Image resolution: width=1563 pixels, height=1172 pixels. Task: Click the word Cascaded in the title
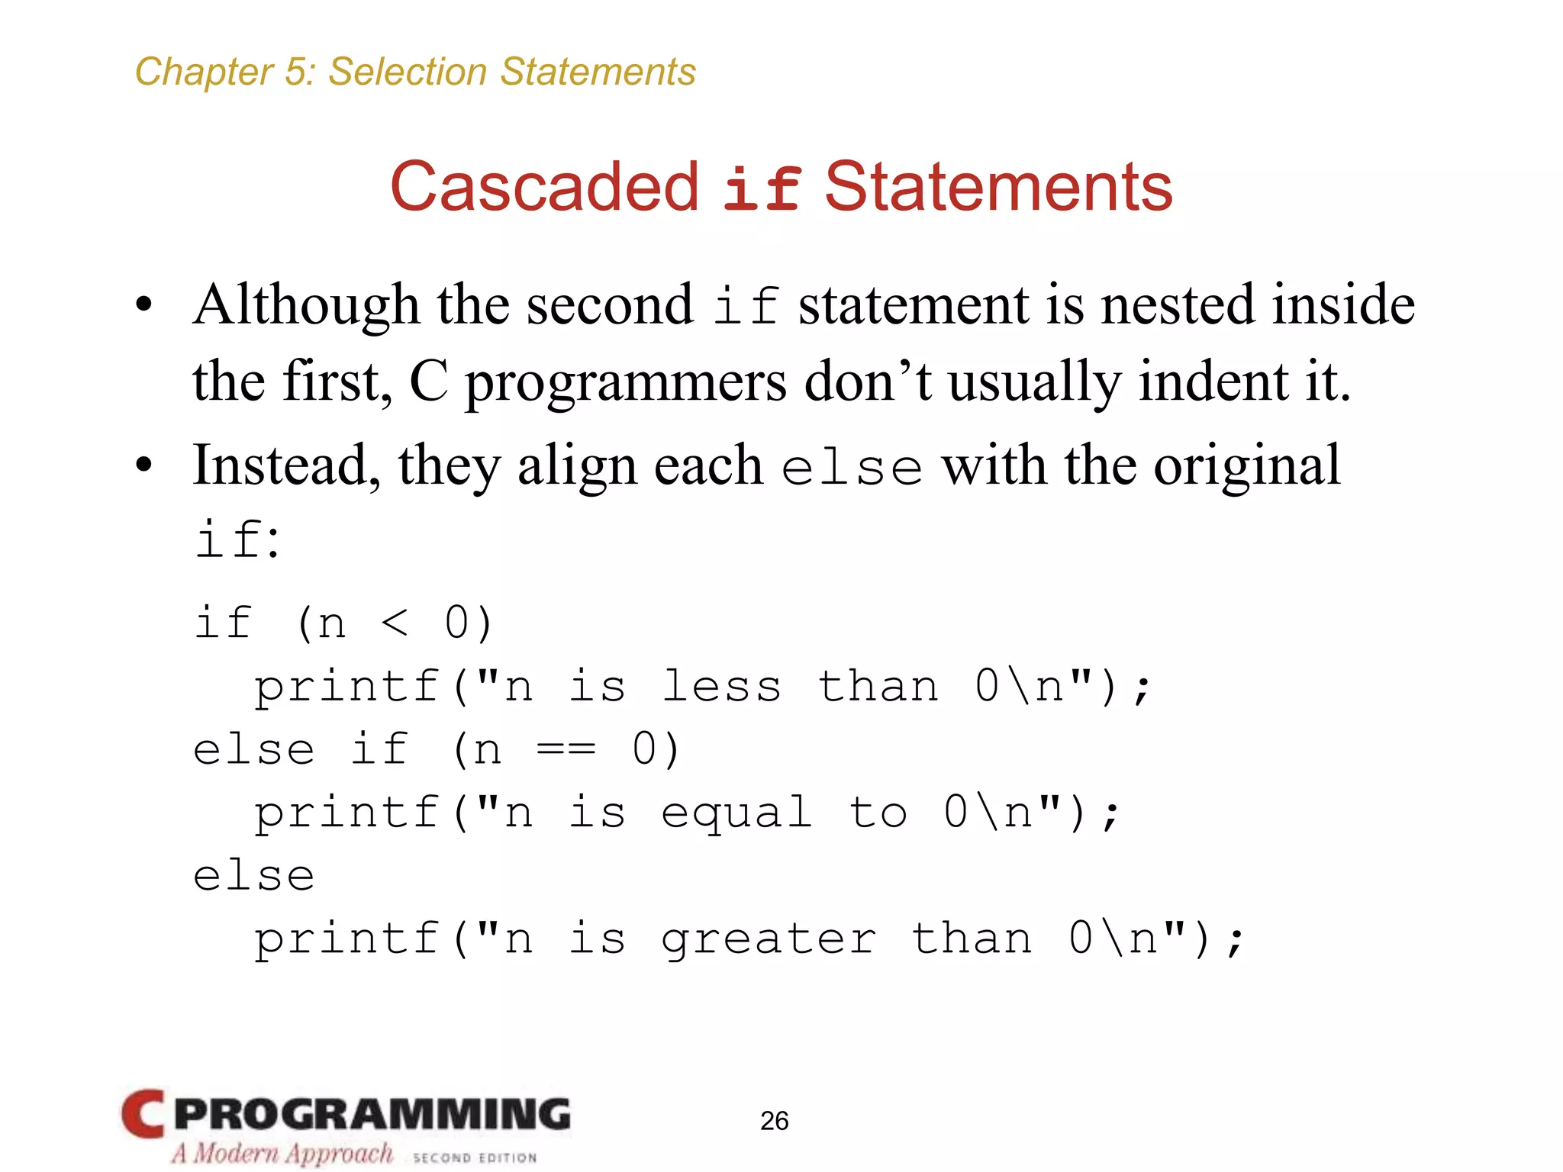pyautogui.click(x=543, y=187)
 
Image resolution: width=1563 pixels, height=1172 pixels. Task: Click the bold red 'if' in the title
pyautogui.click(x=761, y=188)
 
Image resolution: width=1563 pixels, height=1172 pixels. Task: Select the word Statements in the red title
pyautogui.click(x=998, y=187)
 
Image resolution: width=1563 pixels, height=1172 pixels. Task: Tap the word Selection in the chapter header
pyautogui.click(x=408, y=72)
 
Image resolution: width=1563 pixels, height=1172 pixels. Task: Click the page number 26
pyautogui.click(x=774, y=1120)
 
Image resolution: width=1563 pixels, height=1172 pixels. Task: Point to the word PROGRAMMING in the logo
pyautogui.click(x=372, y=1114)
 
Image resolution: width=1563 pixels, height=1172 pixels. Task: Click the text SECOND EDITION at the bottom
pyautogui.click(x=474, y=1158)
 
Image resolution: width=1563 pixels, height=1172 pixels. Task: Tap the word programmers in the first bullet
pyautogui.click(x=625, y=382)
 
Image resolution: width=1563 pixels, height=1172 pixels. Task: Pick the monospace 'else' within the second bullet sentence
pyautogui.click(x=851, y=467)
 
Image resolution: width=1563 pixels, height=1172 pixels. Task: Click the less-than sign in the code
pyautogui.click(x=395, y=623)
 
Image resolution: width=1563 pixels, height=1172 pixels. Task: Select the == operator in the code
pyautogui.click(x=566, y=749)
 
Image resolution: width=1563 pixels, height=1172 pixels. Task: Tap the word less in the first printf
pyautogui.click(x=721, y=686)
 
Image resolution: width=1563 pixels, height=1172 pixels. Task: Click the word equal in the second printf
pyautogui.click(x=736, y=813)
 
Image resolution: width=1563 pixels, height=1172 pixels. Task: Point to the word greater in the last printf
pyautogui.click(x=769, y=939)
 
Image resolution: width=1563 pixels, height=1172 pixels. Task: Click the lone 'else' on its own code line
pyautogui.click(x=253, y=876)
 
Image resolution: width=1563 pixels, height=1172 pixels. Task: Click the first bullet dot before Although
pyautogui.click(x=143, y=305)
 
